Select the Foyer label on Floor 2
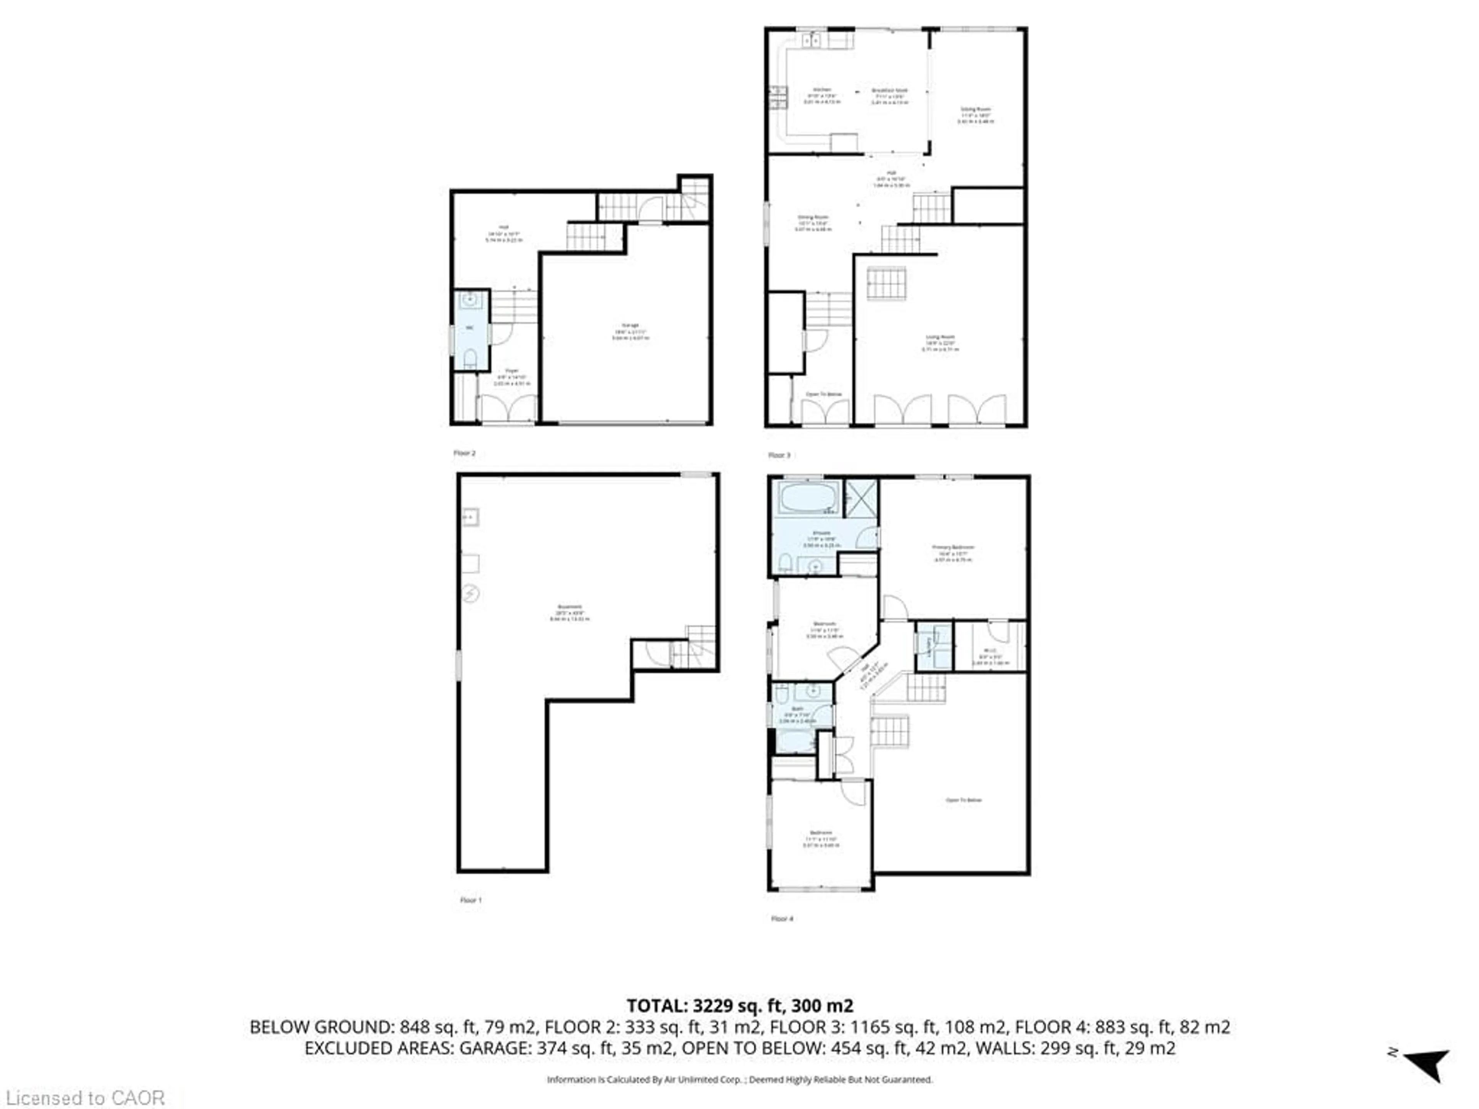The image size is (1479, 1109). (x=511, y=376)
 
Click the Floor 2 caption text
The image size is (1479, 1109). (x=465, y=453)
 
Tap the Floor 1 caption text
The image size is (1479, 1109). (x=471, y=900)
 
